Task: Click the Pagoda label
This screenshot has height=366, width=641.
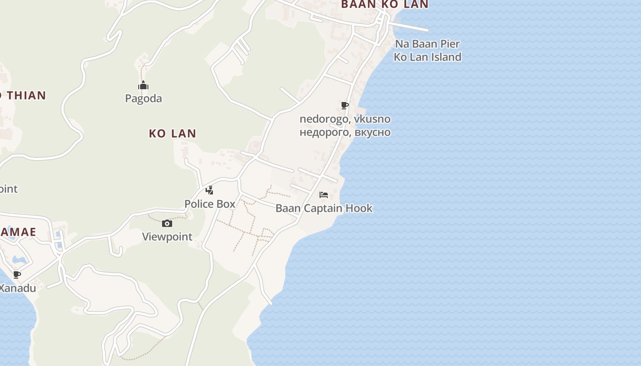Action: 143,98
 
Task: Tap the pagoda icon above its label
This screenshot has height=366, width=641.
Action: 143,86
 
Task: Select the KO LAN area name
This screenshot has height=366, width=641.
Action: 173,134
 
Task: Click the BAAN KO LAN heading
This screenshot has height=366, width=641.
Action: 385,5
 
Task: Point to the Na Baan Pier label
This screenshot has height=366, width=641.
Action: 427,44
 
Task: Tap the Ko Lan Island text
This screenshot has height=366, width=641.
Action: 427,57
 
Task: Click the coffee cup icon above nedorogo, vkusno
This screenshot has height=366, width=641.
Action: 345,106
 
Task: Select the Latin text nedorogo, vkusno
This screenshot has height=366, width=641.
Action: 345,119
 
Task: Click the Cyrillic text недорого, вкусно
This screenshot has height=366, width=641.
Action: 345,132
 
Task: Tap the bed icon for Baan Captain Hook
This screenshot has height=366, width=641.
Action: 324,195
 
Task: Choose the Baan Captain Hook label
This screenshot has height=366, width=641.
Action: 324,209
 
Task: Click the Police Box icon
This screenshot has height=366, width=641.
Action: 210,190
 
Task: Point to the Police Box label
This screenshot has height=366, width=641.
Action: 210,204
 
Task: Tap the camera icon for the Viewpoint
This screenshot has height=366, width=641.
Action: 167,223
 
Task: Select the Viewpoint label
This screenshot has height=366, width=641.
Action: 167,237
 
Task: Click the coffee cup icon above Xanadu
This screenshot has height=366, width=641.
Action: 17,274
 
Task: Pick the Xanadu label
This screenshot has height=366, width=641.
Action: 17,288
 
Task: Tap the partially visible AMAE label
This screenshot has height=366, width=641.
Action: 18,232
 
